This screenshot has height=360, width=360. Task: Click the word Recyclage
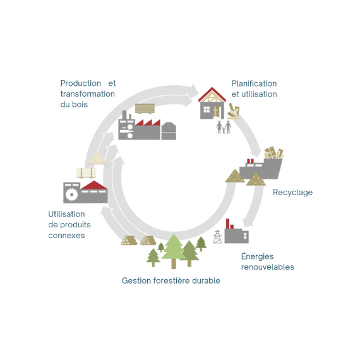click(x=292, y=193)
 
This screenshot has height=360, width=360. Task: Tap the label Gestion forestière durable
click(x=171, y=280)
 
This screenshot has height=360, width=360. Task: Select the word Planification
click(x=254, y=83)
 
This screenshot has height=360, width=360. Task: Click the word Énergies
click(x=258, y=256)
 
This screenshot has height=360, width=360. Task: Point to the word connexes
click(x=66, y=236)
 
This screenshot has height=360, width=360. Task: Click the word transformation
click(x=88, y=94)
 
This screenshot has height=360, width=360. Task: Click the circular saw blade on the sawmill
click(x=71, y=195)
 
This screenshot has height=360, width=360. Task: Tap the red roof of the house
click(x=212, y=94)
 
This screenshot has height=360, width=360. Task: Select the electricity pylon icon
click(x=217, y=236)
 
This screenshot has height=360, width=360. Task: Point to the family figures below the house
click(x=224, y=127)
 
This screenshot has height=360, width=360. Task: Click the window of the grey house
click(x=207, y=109)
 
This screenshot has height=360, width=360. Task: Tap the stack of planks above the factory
click(x=145, y=109)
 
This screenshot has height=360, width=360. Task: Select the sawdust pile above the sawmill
click(x=97, y=158)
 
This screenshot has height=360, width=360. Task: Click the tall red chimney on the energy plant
click(x=227, y=224)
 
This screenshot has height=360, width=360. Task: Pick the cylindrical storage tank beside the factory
click(x=169, y=131)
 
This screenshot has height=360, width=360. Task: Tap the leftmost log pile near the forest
click(x=129, y=241)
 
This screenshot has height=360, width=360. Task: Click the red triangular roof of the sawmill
click(x=93, y=185)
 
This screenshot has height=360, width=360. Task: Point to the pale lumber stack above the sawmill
click(x=86, y=173)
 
